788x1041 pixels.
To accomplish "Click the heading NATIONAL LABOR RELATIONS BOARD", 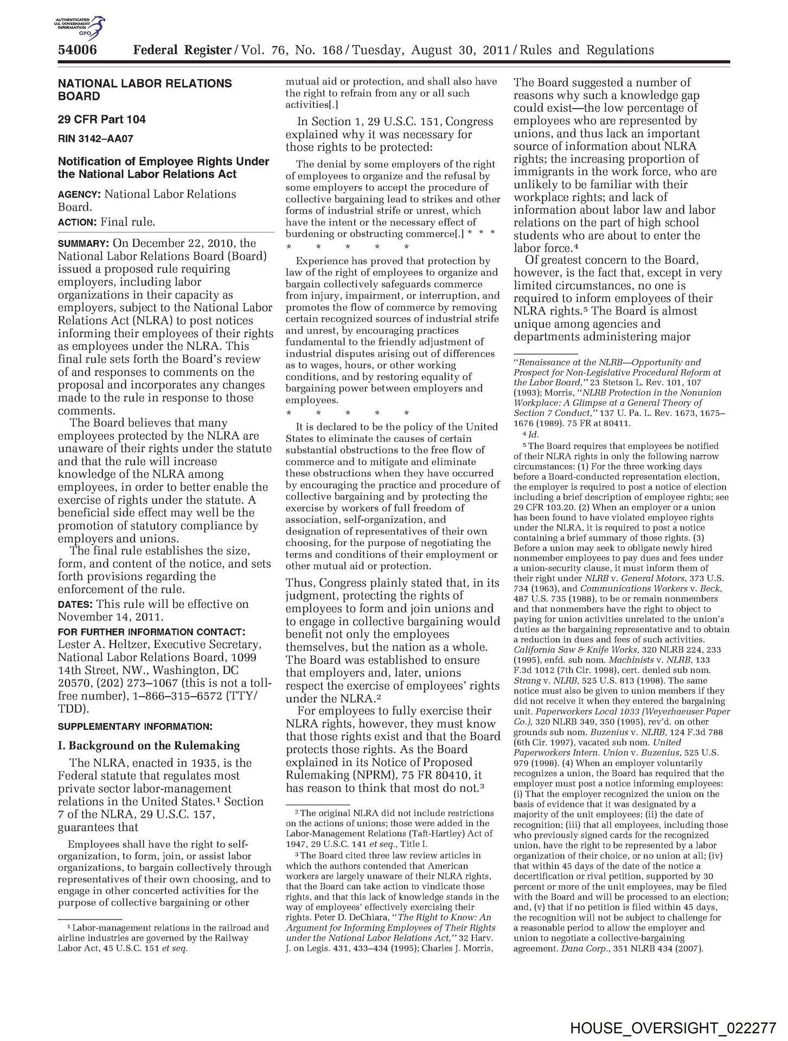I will [x=145, y=90].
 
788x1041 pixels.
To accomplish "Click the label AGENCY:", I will [x=79, y=194].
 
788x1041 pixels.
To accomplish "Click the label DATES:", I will [x=75, y=604].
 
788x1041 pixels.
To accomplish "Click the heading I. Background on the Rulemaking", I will [x=149, y=746].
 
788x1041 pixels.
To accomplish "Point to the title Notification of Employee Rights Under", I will [x=163, y=162].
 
